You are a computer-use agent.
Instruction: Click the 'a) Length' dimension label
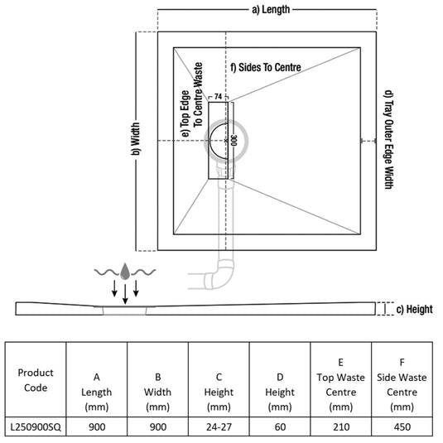coord(271,10)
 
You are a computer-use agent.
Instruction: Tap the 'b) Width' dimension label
coord(135,139)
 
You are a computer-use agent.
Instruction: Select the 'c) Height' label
coord(414,310)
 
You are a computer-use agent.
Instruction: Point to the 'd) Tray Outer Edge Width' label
coord(388,140)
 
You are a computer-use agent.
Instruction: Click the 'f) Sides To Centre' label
coord(266,68)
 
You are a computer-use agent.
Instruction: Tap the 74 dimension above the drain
coord(218,97)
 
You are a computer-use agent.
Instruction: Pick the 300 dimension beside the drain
coord(234,141)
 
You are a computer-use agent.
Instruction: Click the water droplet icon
coord(125,271)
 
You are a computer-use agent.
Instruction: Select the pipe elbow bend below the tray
coord(220,276)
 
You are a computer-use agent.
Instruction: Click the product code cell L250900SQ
coord(36,426)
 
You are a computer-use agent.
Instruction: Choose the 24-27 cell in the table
coord(219,426)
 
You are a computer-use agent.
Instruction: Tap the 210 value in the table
coord(341,426)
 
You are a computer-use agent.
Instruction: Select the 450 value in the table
coord(402,426)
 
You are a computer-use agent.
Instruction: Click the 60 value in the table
coord(280,426)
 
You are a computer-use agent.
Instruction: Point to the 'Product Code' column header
coord(36,380)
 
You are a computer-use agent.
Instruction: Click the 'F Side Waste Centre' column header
coord(402,384)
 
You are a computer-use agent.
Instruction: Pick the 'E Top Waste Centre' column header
coord(341,384)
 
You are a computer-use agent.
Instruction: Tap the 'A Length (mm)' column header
coord(97,392)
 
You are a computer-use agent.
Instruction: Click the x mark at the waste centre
coord(226,141)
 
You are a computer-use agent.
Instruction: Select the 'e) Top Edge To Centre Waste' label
coord(192,99)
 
